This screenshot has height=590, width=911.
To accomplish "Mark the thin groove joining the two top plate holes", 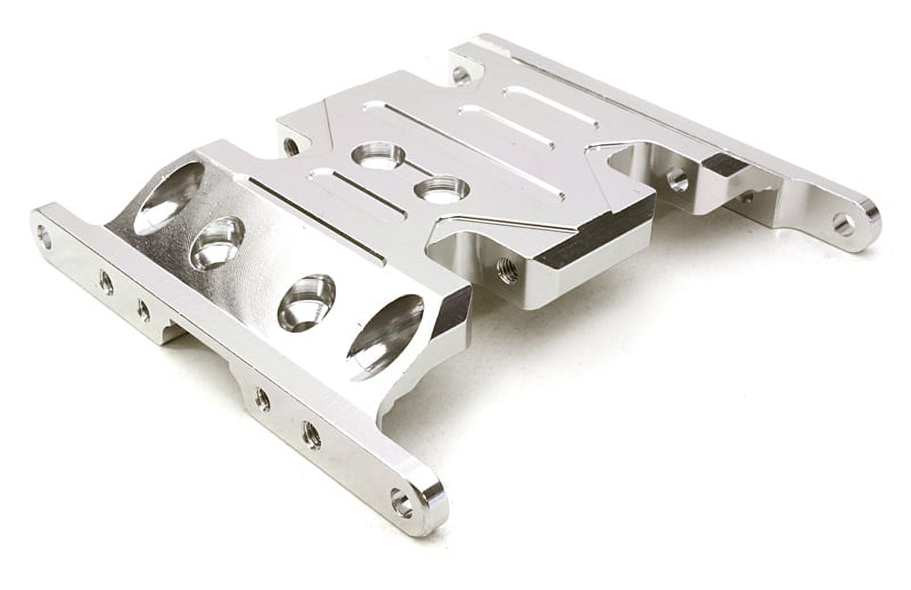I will click(409, 174).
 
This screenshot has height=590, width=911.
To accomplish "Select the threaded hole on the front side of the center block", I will click(504, 267).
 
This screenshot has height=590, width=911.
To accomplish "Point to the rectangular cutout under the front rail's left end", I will click(171, 335).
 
